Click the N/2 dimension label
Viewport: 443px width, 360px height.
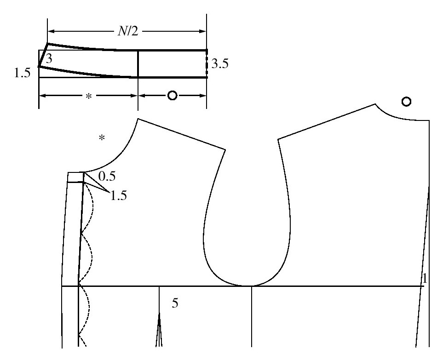tap(128, 31)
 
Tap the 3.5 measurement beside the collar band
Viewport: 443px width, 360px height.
tap(220, 64)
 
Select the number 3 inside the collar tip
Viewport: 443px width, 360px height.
tap(49, 59)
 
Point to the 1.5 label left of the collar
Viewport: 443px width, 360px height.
tap(23, 74)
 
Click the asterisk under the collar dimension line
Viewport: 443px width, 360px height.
tap(89, 96)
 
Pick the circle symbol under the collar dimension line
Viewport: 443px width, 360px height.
tap(173, 96)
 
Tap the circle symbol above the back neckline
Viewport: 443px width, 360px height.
tap(406, 102)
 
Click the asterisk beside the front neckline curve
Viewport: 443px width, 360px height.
tap(102, 138)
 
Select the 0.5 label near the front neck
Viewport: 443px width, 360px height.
tap(107, 177)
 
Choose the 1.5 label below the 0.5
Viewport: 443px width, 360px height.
tap(118, 195)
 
